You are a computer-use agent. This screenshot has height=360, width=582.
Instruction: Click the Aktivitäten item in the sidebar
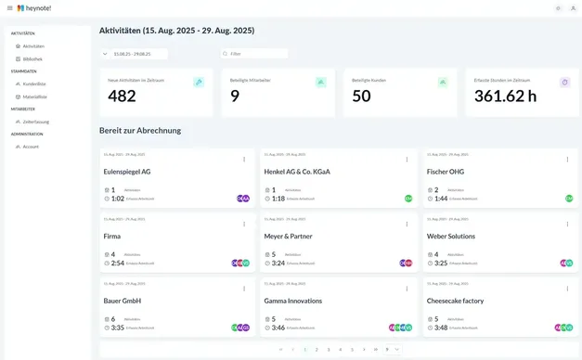[x=33, y=45]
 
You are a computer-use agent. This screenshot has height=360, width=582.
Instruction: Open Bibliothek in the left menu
[x=32, y=58]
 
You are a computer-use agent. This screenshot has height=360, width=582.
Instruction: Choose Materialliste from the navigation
[x=34, y=96]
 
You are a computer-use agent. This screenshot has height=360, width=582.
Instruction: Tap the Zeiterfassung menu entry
[x=35, y=122]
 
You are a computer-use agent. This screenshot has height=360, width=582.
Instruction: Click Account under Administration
[x=31, y=147]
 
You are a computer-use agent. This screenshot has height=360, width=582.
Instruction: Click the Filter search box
[x=256, y=54]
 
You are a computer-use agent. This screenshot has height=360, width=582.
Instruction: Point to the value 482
[x=122, y=96]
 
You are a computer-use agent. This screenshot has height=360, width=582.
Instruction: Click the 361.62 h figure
[x=505, y=96]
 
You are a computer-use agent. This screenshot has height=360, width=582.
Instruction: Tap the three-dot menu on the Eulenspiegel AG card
[x=244, y=160]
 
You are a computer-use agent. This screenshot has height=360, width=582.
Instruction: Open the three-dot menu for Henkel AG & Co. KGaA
[x=407, y=160]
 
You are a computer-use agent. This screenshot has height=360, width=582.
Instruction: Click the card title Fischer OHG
[x=446, y=172]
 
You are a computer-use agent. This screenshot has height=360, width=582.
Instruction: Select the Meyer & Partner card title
[x=288, y=236]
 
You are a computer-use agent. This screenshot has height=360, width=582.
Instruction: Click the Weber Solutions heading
[x=451, y=236]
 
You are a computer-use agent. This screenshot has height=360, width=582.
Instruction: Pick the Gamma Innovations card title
[x=293, y=301]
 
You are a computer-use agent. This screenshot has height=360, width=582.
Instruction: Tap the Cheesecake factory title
[x=456, y=301]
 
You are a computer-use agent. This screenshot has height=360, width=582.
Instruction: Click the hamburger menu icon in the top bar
[x=9, y=7]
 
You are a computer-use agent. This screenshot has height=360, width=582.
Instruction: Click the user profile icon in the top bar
[x=573, y=7]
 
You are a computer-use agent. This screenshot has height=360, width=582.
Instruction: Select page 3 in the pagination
[x=329, y=350]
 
